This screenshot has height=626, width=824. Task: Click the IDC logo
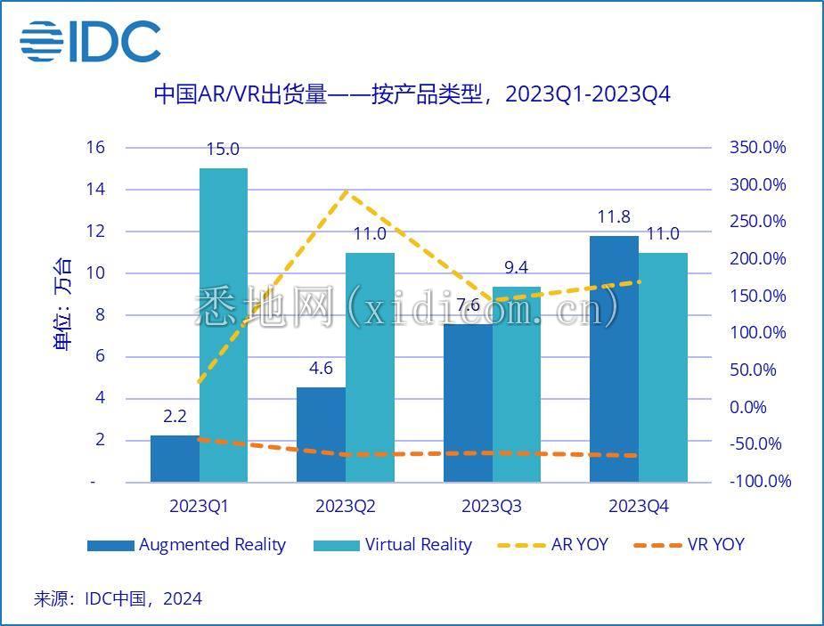coord(90,41)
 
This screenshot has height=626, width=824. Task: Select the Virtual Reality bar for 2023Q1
coord(224,325)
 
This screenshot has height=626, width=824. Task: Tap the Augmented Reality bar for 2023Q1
coord(175,459)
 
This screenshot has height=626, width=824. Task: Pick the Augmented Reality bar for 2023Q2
coord(321,435)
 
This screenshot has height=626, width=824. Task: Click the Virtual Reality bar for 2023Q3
coord(517,385)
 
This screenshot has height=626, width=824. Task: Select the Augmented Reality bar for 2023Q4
coord(614,359)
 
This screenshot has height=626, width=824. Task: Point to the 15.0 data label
coord(223,150)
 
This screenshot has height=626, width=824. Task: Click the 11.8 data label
coord(614,217)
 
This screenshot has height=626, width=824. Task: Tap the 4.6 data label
coord(321,369)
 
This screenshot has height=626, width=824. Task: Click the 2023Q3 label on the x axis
coord(492,507)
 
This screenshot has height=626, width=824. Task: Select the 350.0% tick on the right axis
coord(758,148)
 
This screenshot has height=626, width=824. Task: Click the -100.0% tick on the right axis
coord(760,482)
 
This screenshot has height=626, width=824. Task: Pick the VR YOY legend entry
coord(688,544)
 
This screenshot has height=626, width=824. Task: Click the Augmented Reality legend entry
coord(187,544)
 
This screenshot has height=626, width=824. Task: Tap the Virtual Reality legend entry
coord(393,544)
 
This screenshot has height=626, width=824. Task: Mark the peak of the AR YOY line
coord(346,191)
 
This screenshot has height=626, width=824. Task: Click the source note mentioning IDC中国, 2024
coord(118,598)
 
